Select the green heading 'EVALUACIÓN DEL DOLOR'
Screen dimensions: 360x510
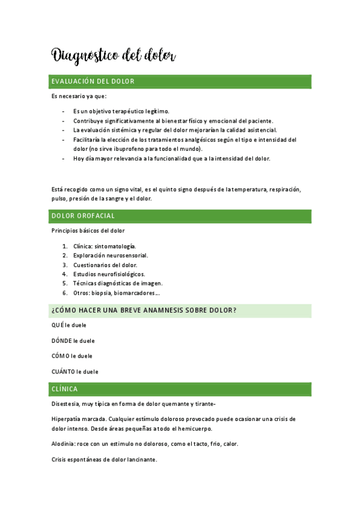(x=93, y=81)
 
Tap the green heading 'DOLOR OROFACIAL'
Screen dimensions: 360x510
(x=83, y=216)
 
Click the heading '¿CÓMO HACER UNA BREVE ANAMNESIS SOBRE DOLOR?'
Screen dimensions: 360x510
(x=144, y=310)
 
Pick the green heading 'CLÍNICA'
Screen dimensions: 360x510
(x=64, y=389)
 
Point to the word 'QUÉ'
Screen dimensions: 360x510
(x=58, y=325)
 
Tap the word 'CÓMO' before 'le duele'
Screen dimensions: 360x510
(x=60, y=356)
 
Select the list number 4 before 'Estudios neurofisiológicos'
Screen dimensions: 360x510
(x=64, y=274)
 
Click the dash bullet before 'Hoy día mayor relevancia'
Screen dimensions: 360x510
(x=64, y=159)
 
